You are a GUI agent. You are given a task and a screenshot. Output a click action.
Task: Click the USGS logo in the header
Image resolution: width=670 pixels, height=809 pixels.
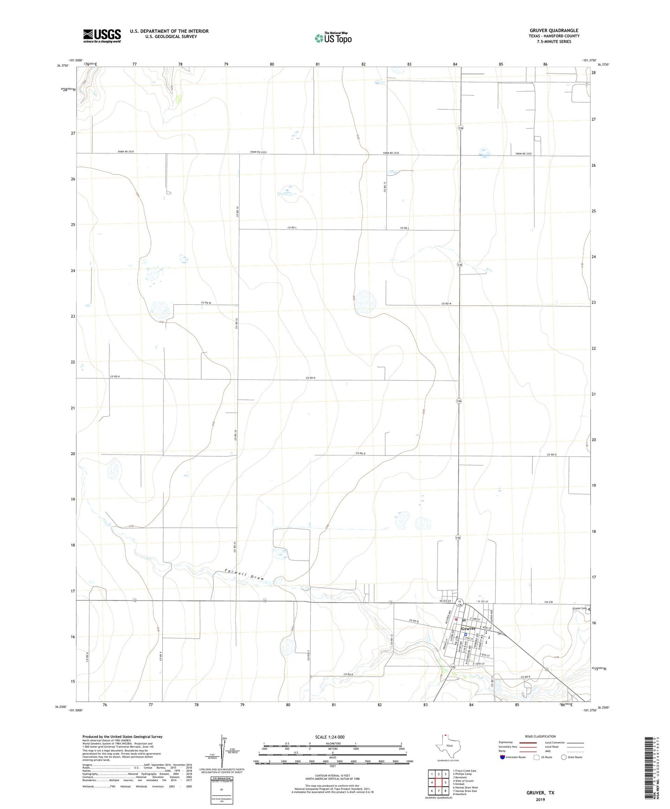pyautogui.click(x=102, y=36)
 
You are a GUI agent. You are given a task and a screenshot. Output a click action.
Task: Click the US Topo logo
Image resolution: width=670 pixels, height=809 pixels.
pyautogui.click(x=332, y=38)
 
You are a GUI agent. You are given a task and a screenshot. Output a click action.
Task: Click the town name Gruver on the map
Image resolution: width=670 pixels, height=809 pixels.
pyautogui.click(x=469, y=628)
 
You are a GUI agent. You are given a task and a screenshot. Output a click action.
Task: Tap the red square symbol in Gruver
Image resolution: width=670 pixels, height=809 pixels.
pyautogui.click(x=457, y=619)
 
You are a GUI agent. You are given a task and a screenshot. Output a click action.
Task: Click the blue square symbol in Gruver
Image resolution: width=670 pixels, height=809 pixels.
pyautogui.click(x=465, y=635)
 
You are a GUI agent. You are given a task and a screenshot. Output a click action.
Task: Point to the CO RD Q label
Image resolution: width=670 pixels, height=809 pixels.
pyautogui.click(x=414, y=621)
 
